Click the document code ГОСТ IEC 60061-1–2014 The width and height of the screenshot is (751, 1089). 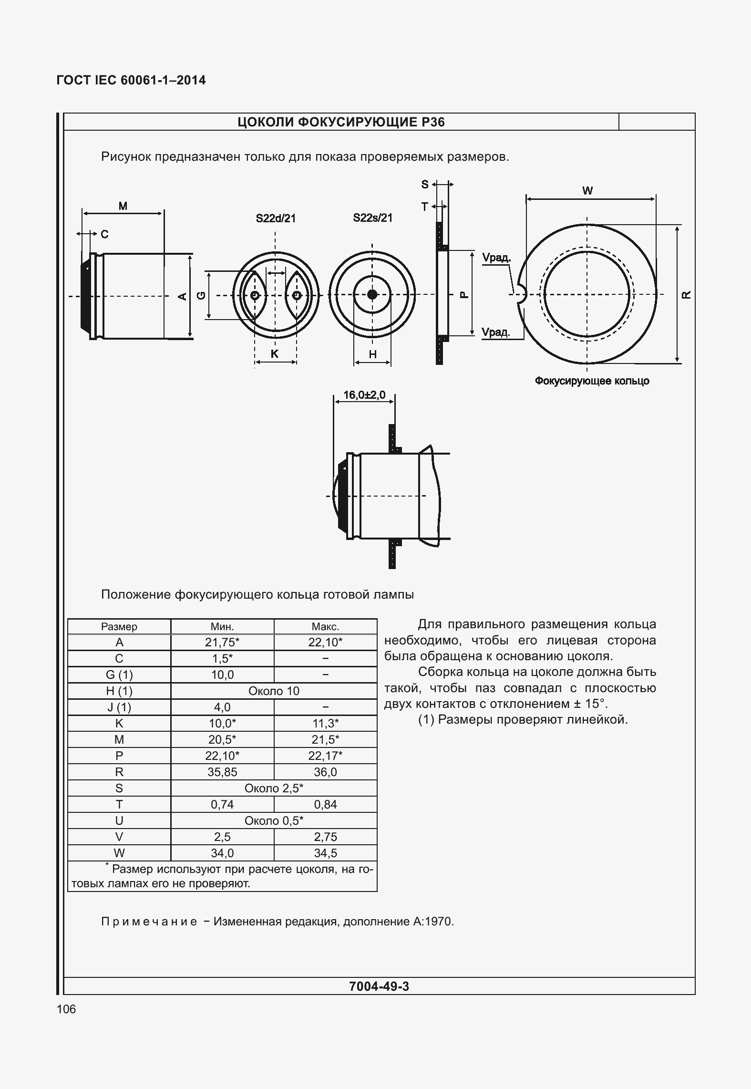[x=131, y=80]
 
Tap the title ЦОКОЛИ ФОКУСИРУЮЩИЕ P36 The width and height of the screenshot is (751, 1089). [x=341, y=122]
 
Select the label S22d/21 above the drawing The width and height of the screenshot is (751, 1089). [x=276, y=218]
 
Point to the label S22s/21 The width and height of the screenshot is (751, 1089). [x=372, y=218]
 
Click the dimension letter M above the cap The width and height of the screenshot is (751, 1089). [x=123, y=206]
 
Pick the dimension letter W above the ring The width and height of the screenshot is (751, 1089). [x=587, y=191]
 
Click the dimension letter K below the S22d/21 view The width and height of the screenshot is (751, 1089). [x=275, y=354]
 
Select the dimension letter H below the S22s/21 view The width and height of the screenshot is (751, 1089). [x=373, y=354]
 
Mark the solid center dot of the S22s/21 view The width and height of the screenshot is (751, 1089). [x=372, y=294]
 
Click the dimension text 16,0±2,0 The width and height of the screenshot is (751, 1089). [x=364, y=395]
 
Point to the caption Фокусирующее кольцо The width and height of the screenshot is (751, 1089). [x=592, y=381]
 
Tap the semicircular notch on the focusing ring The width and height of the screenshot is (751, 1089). [x=521, y=295]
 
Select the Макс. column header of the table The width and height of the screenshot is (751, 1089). [x=325, y=626]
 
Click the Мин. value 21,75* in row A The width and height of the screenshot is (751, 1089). [x=222, y=642]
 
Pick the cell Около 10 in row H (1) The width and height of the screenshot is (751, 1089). [x=274, y=691]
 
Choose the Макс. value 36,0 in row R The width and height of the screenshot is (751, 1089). [x=325, y=772]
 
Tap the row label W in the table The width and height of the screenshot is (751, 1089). [x=119, y=853]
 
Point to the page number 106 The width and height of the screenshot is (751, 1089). [x=66, y=1009]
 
